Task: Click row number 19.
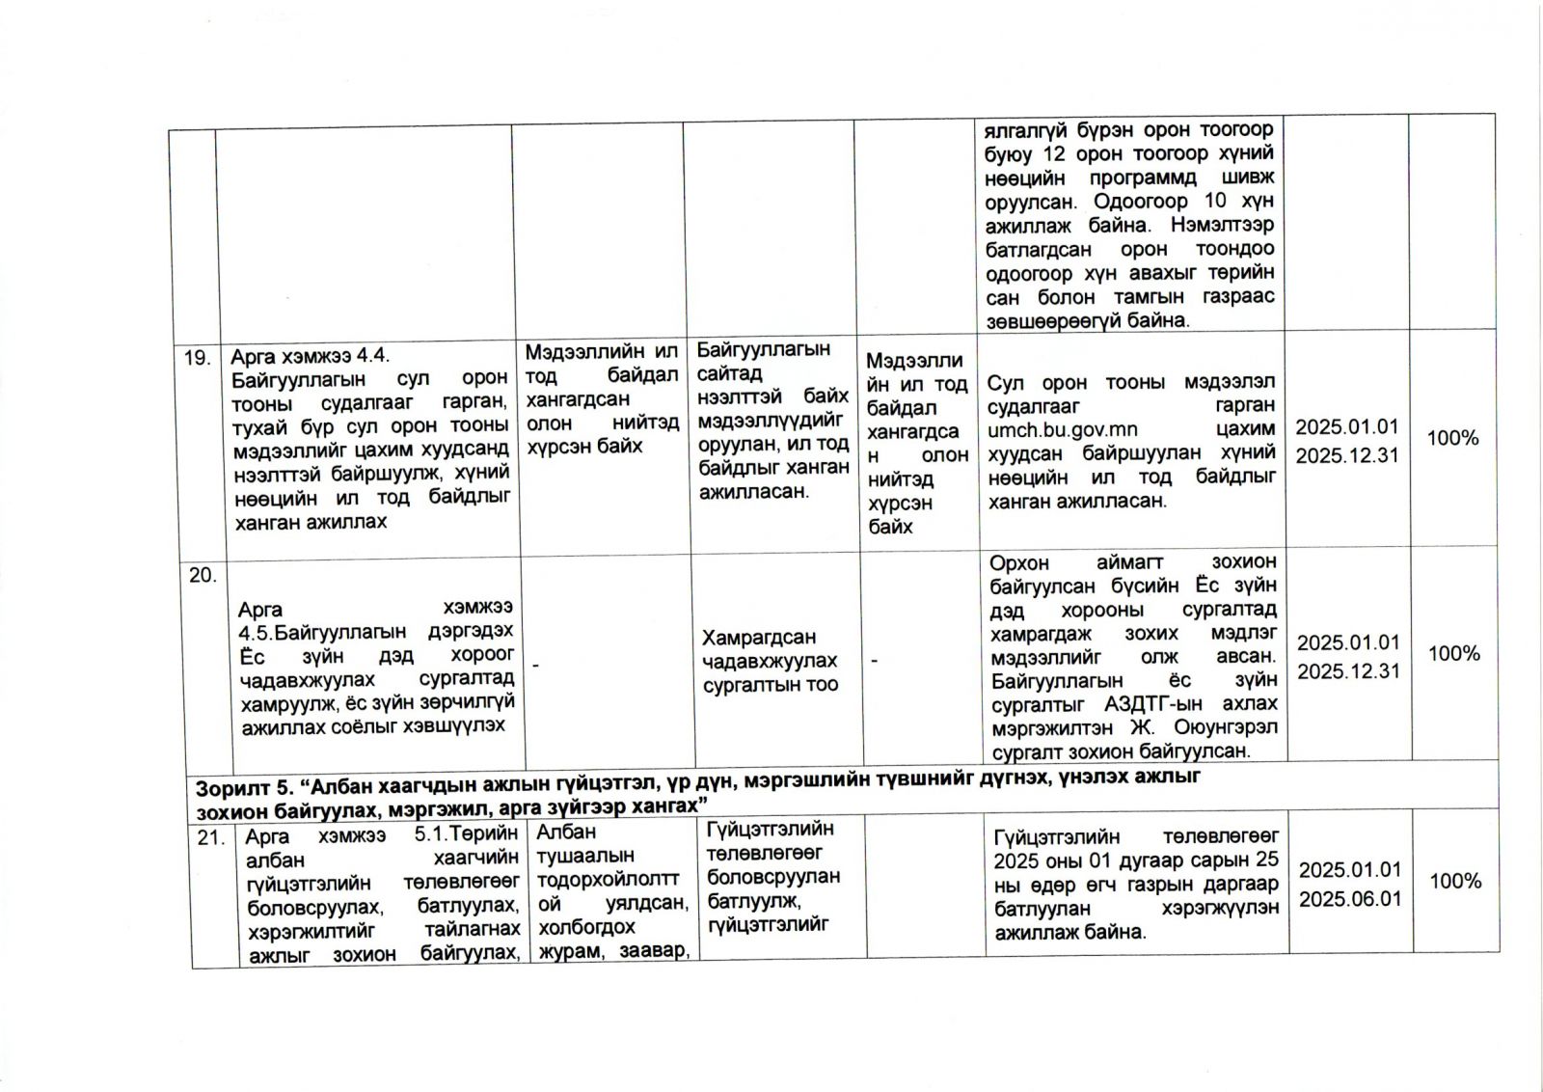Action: click(197, 358)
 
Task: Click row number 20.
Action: click(203, 575)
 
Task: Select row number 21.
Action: click(210, 837)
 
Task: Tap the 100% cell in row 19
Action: click(1452, 438)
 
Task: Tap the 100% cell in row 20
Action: click(1453, 654)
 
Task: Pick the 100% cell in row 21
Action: click(1455, 881)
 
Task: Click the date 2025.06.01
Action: click(1350, 899)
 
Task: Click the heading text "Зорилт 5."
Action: click(238, 787)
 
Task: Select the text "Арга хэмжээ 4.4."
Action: click(310, 356)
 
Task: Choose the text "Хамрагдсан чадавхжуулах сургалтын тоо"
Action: click(770, 661)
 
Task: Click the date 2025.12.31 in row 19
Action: click(1346, 455)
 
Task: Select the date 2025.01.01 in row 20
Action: click(1347, 642)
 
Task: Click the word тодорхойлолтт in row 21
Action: click(608, 879)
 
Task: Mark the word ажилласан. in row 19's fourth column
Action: click(754, 491)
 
